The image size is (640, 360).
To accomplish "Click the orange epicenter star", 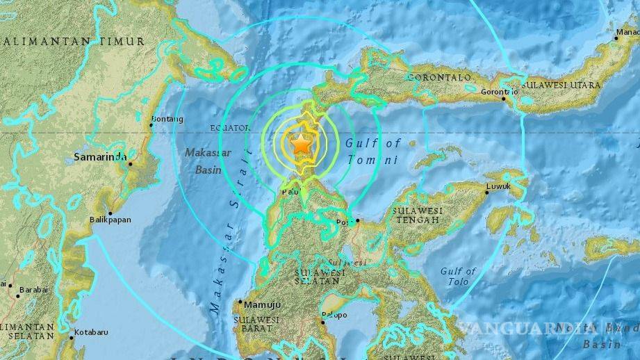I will (301, 144).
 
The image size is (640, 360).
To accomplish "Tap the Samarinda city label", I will (99, 156).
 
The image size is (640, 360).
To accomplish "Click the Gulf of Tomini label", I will (372, 151).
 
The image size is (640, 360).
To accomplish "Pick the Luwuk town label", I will (498, 186).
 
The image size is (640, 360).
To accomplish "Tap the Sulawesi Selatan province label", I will (320, 277).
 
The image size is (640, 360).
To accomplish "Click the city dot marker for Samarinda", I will (129, 163).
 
